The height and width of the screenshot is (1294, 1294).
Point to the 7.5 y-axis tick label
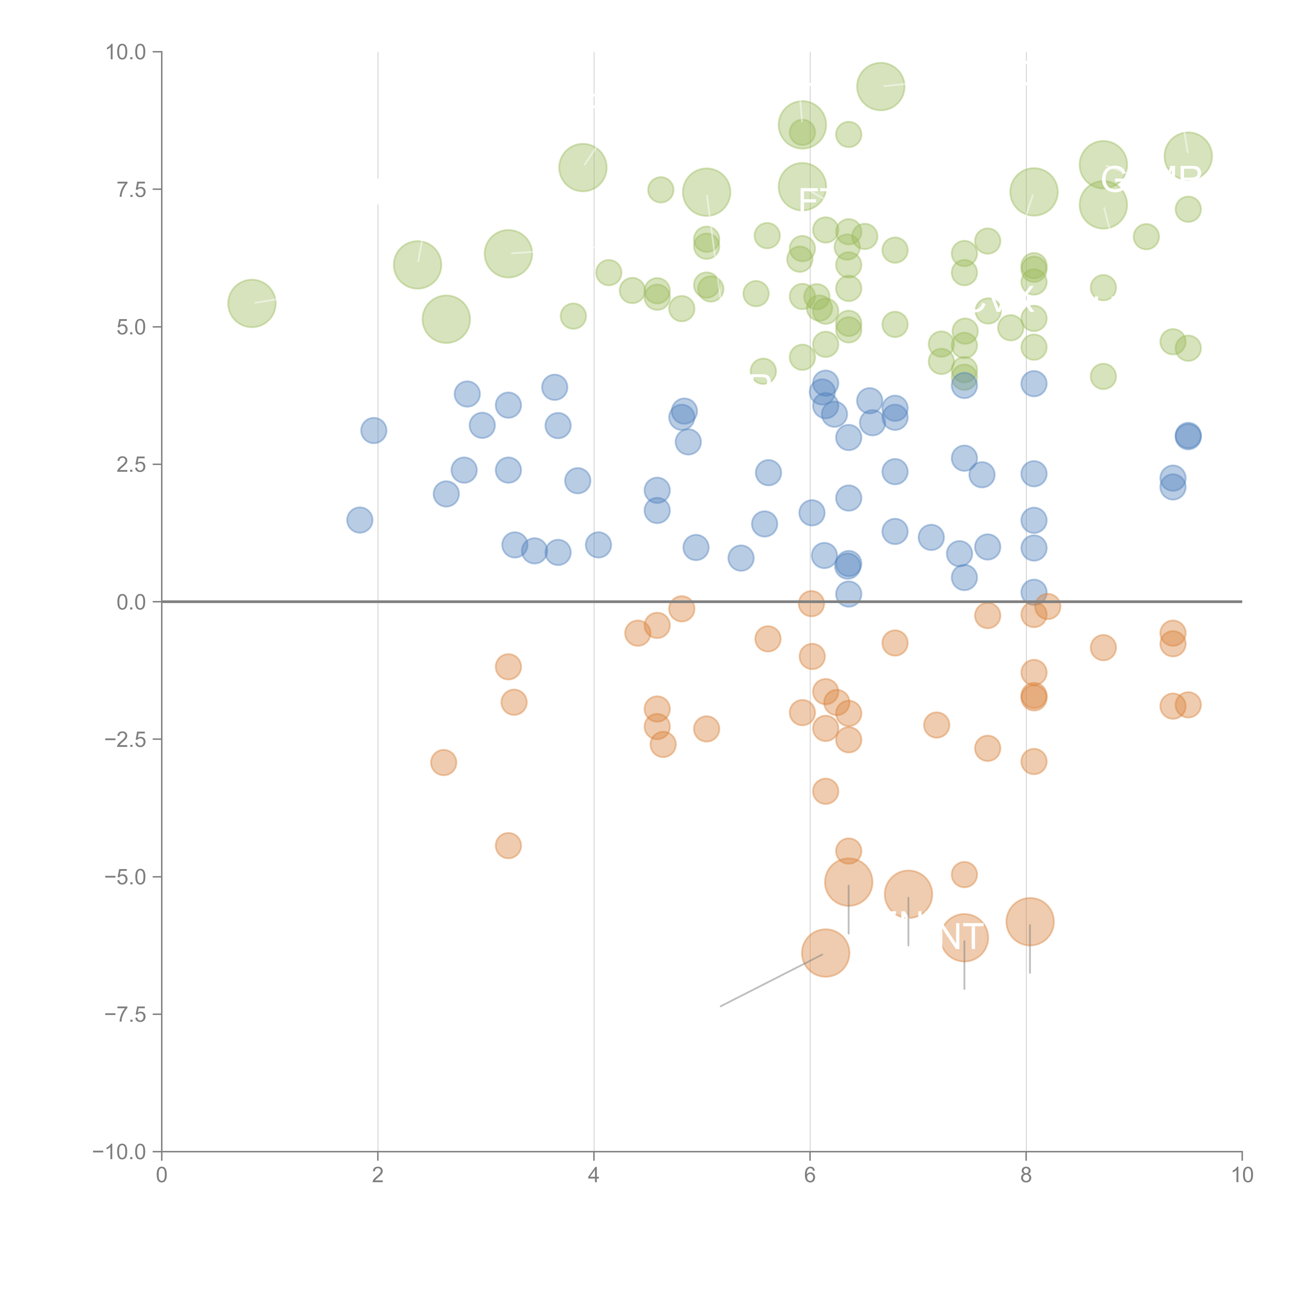pos(131,189)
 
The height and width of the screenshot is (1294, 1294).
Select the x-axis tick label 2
pos(378,1175)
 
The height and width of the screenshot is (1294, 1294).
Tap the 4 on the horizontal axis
pos(594,1175)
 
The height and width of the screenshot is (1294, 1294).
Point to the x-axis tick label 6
pos(810,1175)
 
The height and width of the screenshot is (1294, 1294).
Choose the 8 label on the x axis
pos(1026,1175)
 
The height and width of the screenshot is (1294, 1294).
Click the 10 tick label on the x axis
pos(1242,1175)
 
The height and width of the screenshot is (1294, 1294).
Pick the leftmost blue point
pos(360,520)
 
